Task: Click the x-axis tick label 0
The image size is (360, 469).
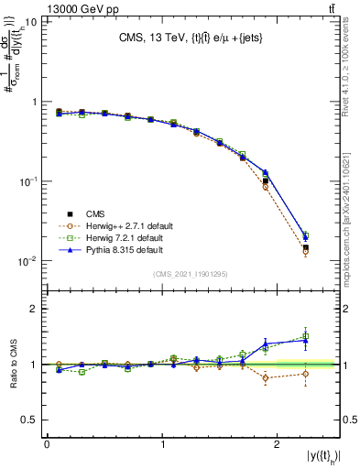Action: tap(47, 444)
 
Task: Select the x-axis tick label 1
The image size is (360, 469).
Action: tap(162, 444)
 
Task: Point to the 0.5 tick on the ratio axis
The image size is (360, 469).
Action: tap(31, 420)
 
